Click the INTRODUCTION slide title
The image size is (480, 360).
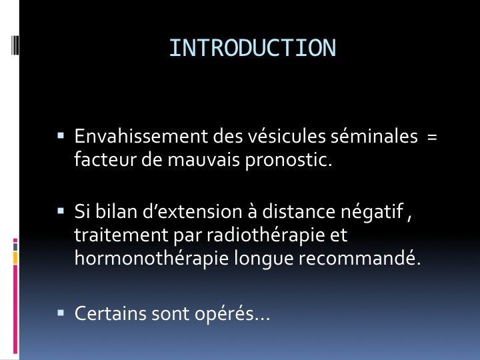coord(253,48)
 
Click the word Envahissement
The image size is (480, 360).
coord(141,136)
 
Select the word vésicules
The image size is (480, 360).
coord(287,136)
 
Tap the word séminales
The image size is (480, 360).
coord(374,136)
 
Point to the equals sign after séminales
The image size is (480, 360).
coord(432,137)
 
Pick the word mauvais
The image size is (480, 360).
coord(203,159)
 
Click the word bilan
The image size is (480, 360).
coord(116,211)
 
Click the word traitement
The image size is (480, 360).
coord(121,235)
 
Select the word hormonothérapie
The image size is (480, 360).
coord(151,259)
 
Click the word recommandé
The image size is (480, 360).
coord(357,258)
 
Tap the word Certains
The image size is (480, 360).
coord(111,313)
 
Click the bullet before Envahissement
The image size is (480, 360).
coord(61,135)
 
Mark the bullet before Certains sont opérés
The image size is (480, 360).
coord(61,313)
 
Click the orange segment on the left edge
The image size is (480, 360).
coord(15,258)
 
